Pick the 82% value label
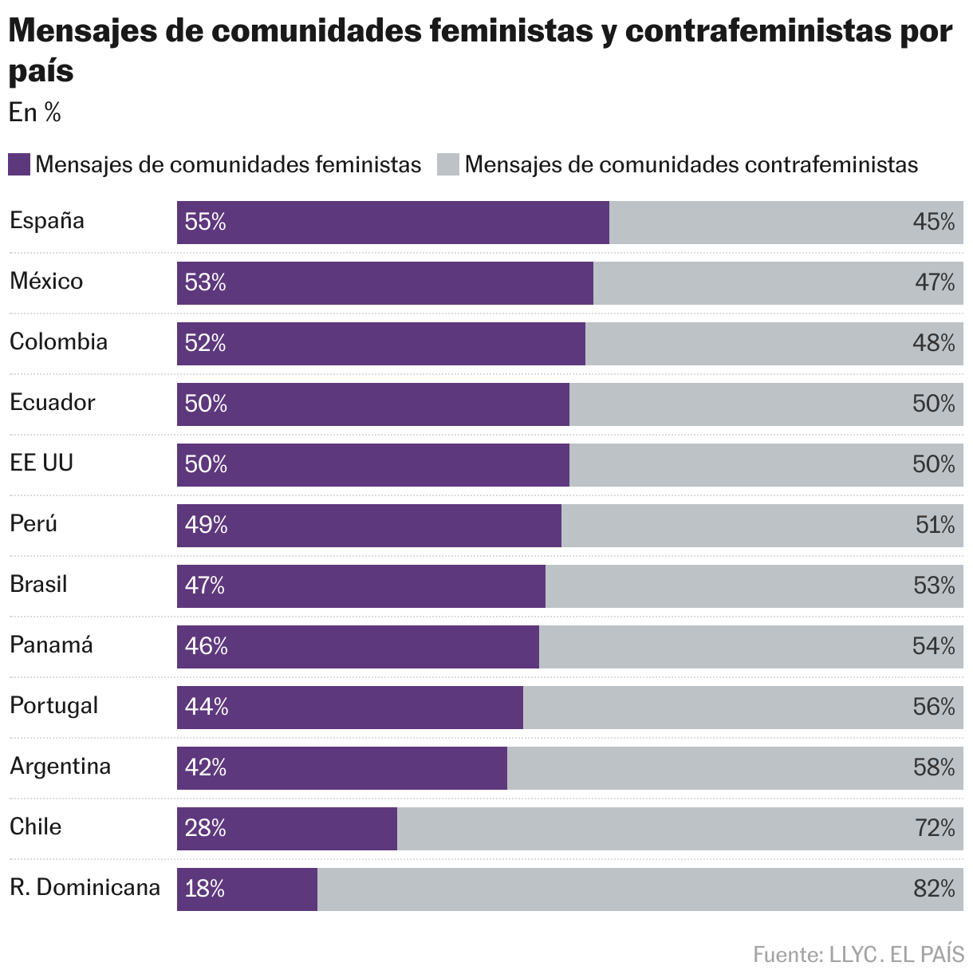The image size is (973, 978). click(934, 889)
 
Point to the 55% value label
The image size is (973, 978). click(206, 222)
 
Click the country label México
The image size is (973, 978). click(46, 281)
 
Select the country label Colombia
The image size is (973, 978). click(58, 341)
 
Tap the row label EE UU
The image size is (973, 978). click(41, 463)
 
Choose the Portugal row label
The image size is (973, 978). click(53, 705)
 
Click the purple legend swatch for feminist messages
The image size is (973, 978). click(19, 165)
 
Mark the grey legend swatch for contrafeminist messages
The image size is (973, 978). click(448, 165)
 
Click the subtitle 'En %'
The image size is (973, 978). click(34, 112)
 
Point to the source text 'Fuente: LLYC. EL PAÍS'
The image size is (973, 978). click(858, 954)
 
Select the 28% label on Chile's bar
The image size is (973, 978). click(206, 828)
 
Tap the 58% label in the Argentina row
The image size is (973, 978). click(934, 767)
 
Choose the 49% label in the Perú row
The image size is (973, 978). click(206, 525)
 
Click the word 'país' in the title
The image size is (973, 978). click(41, 71)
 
